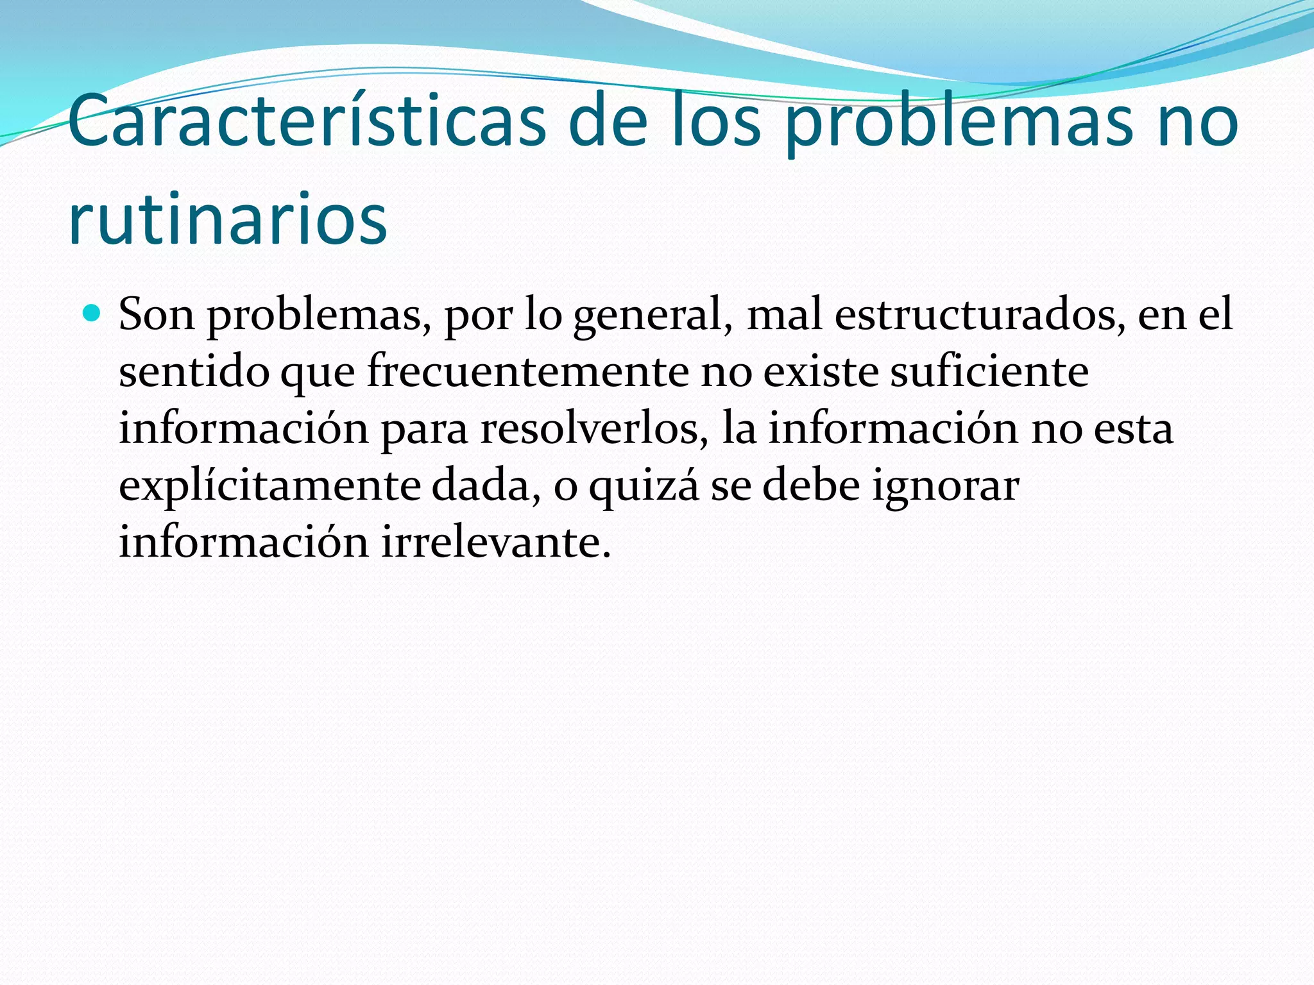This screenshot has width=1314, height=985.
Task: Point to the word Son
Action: click(157, 315)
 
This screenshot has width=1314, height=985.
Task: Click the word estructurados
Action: click(980, 315)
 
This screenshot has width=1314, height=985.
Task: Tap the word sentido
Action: click(194, 372)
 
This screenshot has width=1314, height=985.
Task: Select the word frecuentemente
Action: click(527, 372)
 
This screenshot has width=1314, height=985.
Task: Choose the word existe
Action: click(821, 372)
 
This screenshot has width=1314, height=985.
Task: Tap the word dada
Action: click(485, 485)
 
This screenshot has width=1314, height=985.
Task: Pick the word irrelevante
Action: click(496, 543)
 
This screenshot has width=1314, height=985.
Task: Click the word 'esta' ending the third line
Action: click(1133, 428)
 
